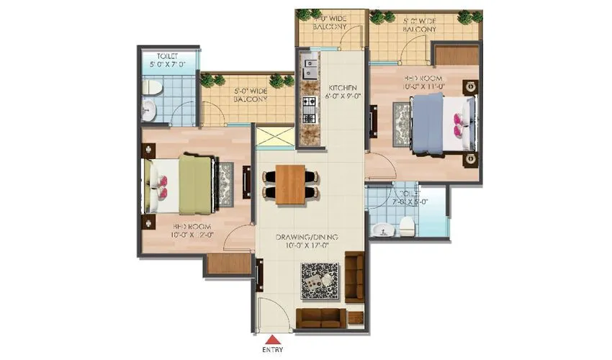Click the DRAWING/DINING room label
pyautogui.click(x=307, y=241)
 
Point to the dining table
pyautogui.click(x=289, y=184)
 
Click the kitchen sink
pyautogui.click(x=311, y=69)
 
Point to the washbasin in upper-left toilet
pyautogui.click(x=148, y=110)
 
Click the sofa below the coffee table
pyautogui.click(x=317, y=318)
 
